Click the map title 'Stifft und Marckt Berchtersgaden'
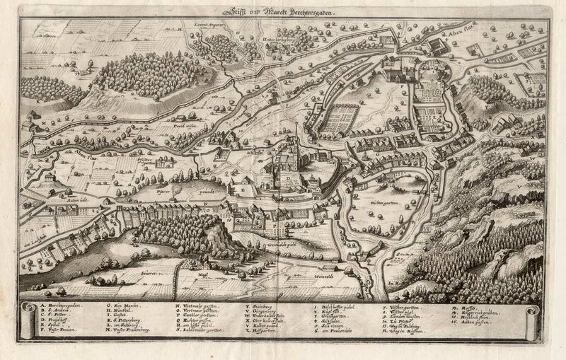coord(283,11)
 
